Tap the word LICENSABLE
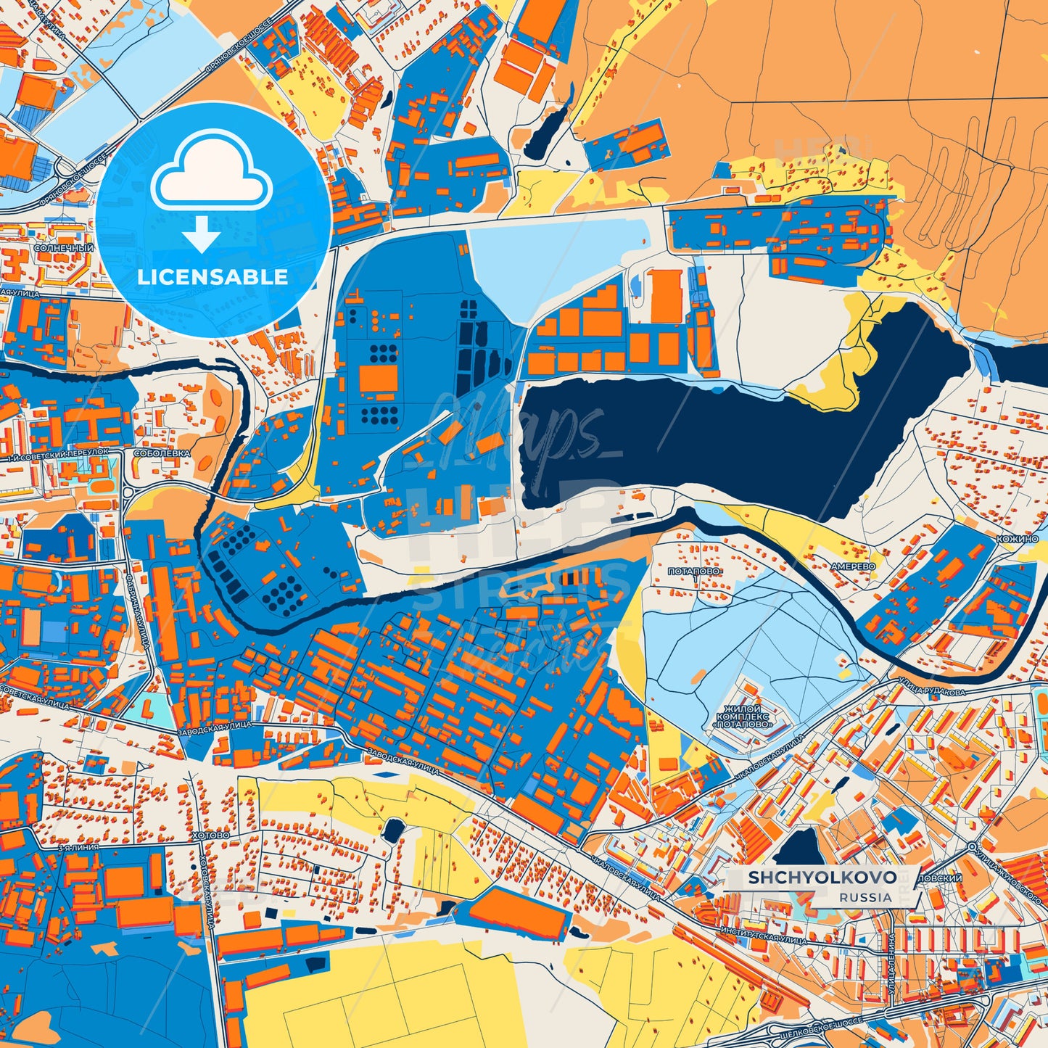tap(213, 277)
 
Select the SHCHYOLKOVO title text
tap(822, 878)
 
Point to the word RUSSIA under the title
tap(866, 897)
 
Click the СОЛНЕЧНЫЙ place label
tap(64, 248)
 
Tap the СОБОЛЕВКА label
tap(162, 453)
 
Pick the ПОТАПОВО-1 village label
tap(695, 573)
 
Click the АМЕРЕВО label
tap(853, 566)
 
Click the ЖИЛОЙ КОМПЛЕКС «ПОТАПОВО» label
tap(743, 716)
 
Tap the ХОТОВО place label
tap(211, 835)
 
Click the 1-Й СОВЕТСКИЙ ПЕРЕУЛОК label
tap(58, 454)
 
